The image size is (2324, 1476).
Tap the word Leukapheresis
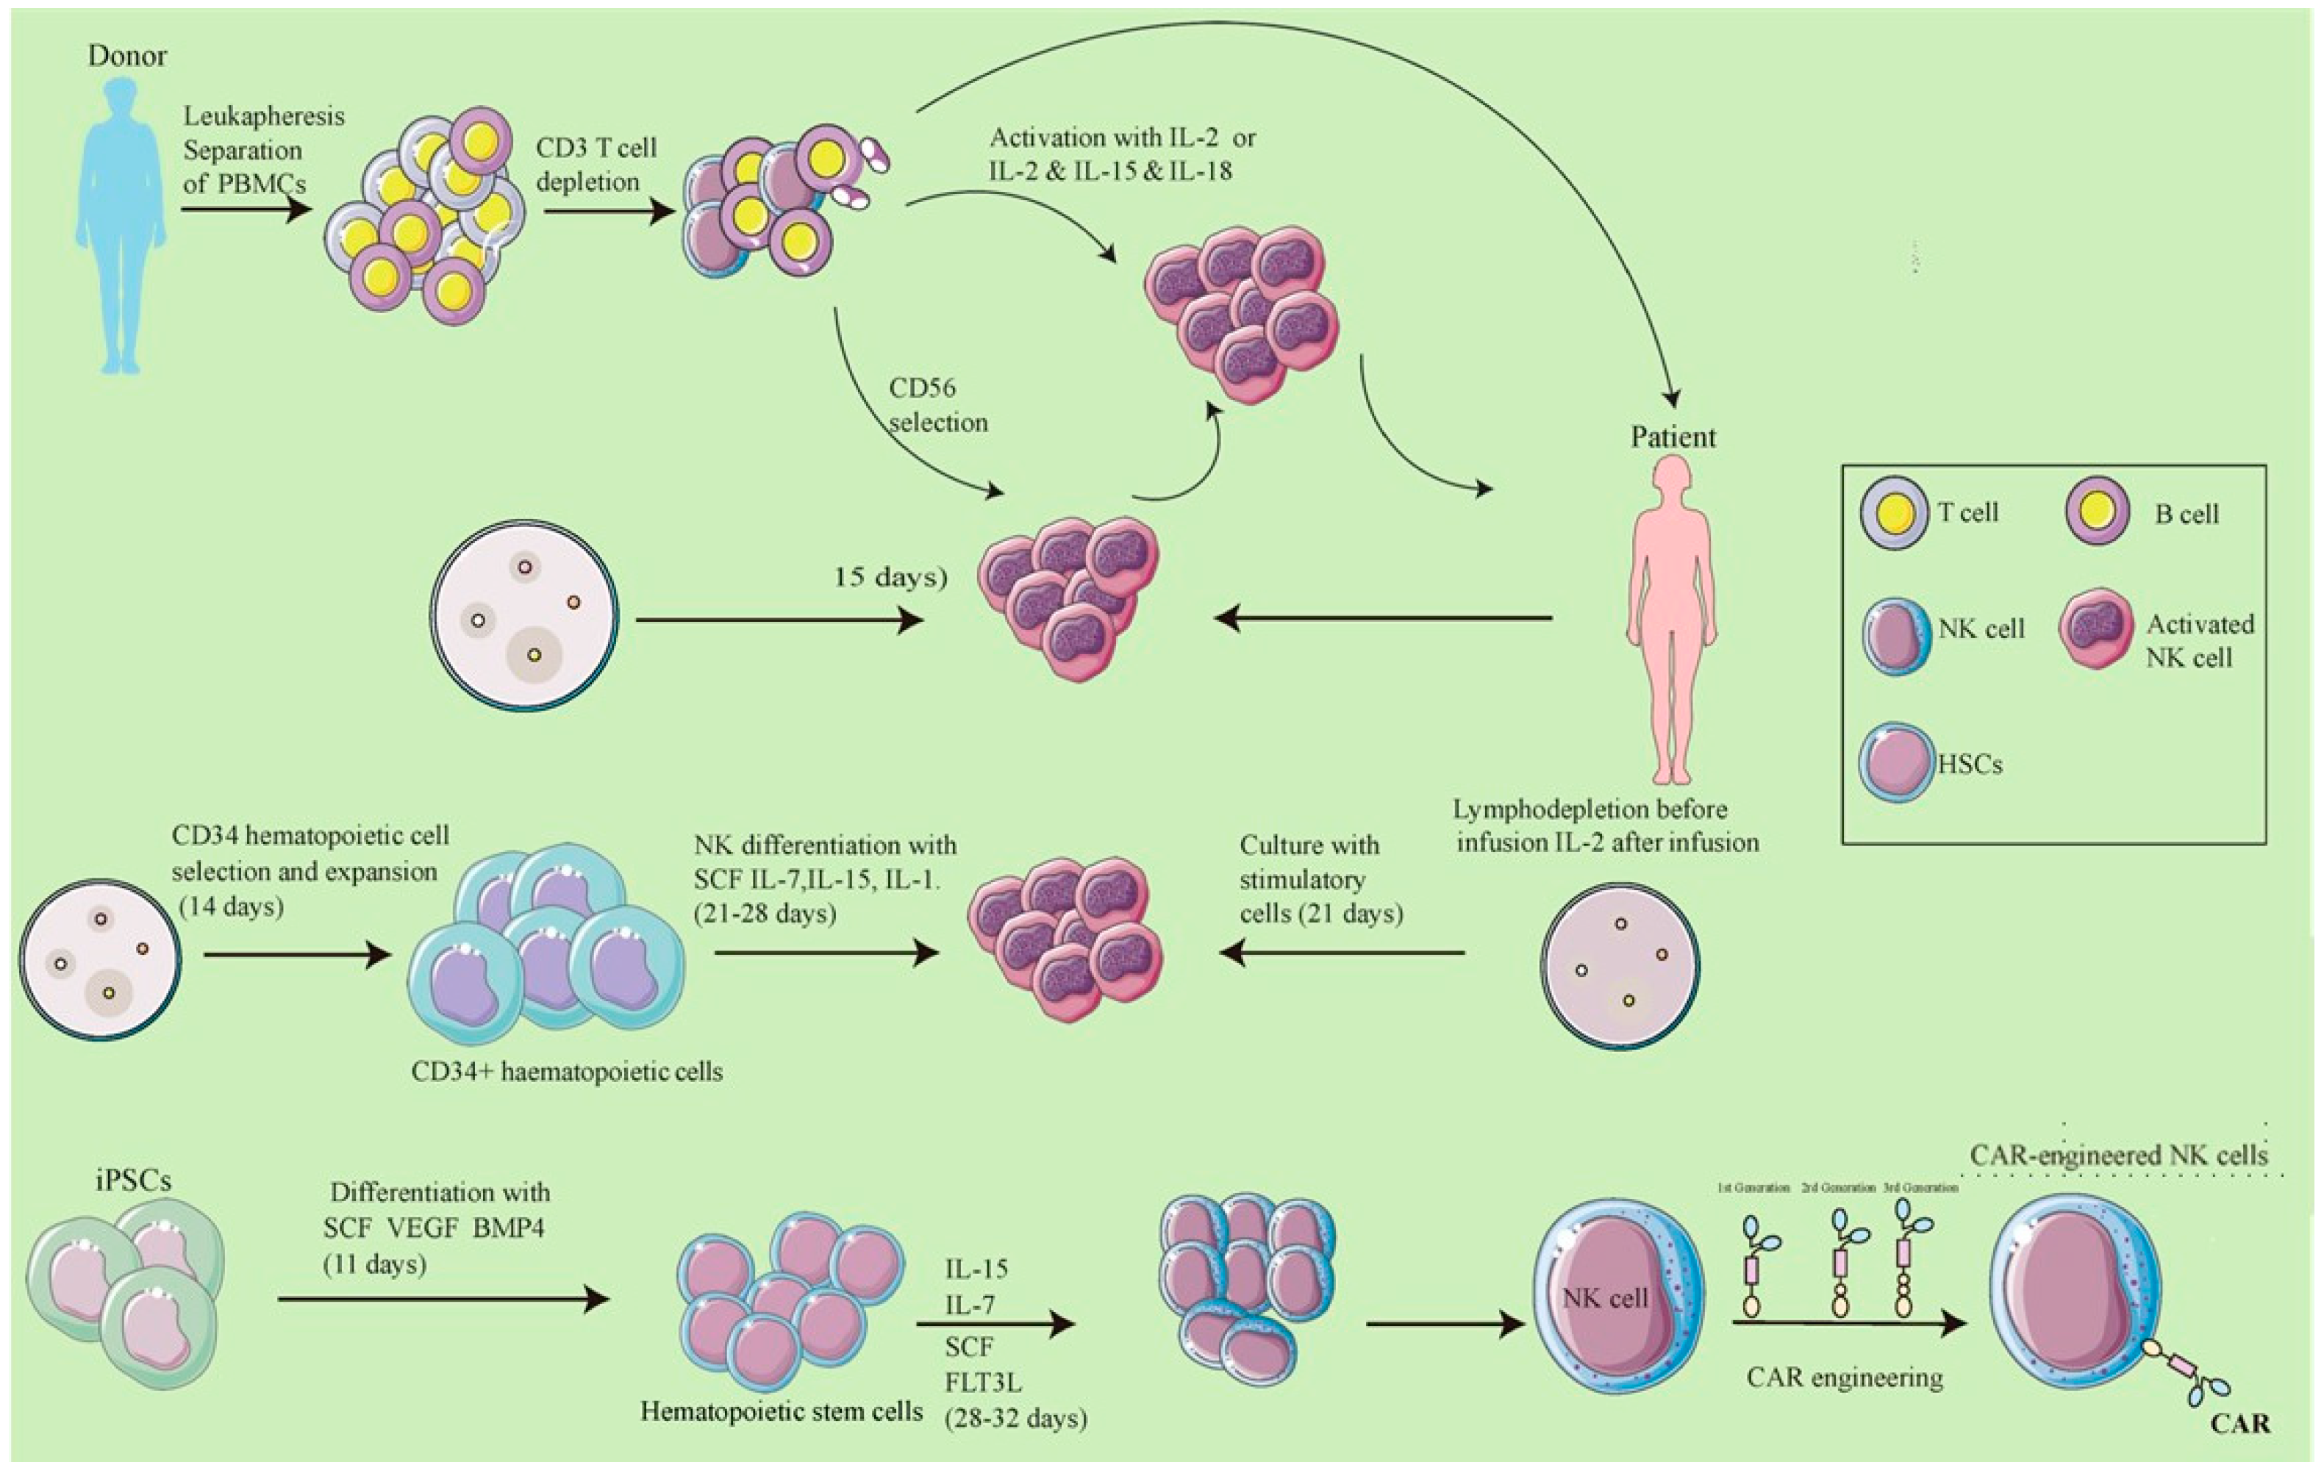pyautogui.click(x=263, y=118)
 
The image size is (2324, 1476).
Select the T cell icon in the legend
pyautogui.click(x=1895, y=512)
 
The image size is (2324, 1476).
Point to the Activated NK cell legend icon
pyautogui.click(x=2096, y=629)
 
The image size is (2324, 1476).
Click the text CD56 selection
pyautogui.click(x=938, y=405)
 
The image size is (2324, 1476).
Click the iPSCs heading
pyautogui.click(x=133, y=1181)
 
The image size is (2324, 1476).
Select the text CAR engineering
pyautogui.click(x=1845, y=1378)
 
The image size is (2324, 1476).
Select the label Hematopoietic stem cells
pyautogui.click(x=782, y=1411)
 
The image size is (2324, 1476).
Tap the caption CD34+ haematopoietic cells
pyautogui.click(x=567, y=1071)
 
